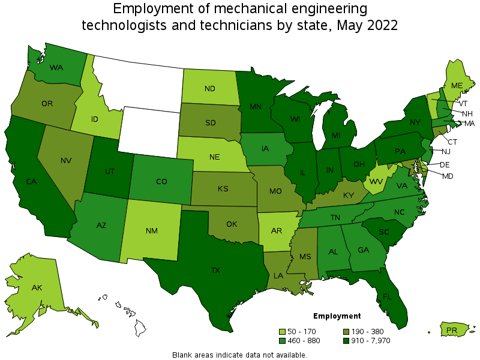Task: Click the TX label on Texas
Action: coord(215,271)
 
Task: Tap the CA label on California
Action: coord(32,181)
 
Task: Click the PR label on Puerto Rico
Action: coord(452,330)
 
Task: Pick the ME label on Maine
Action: coord(457,86)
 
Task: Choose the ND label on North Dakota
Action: coord(209,88)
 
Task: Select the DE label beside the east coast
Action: coord(445,164)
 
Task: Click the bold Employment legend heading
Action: coord(337,316)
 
